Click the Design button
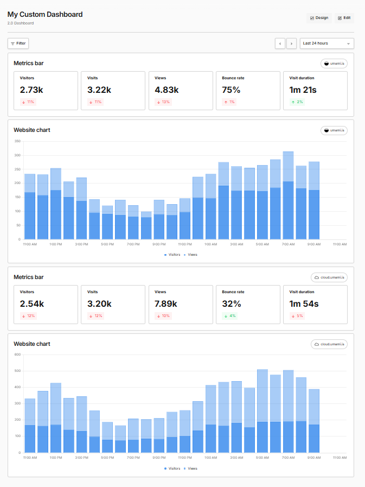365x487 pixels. click(319, 18)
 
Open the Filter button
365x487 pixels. click(18, 43)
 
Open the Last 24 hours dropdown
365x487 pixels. click(326, 43)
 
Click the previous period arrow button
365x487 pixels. click(280, 43)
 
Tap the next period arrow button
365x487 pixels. click(292, 43)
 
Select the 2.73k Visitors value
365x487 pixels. click(32, 90)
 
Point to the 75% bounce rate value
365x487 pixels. click(231, 90)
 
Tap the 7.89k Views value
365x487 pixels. click(167, 303)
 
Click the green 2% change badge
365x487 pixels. click(297, 102)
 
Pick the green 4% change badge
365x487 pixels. click(229, 316)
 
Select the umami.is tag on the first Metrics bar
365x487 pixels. click(334, 64)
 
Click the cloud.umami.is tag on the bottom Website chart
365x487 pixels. click(329, 344)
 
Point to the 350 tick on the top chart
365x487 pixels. click(17, 141)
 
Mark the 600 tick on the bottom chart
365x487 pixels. click(17, 355)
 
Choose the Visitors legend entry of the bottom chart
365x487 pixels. click(172, 468)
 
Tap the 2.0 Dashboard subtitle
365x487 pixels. click(21, 23)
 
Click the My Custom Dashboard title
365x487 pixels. click(45, 15)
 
